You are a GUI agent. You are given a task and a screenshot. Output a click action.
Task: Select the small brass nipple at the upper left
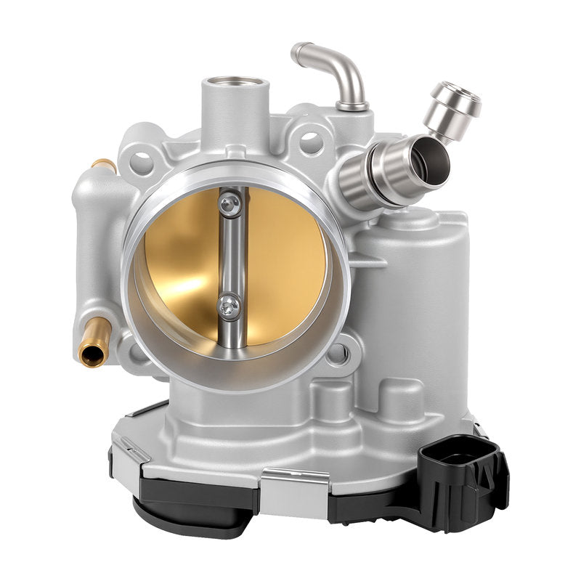click(x=104, y=166)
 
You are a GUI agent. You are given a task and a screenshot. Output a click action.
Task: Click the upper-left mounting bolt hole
click(x=142, y=161)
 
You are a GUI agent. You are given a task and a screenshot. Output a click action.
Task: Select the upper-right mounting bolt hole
click(x=311, y=142)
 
